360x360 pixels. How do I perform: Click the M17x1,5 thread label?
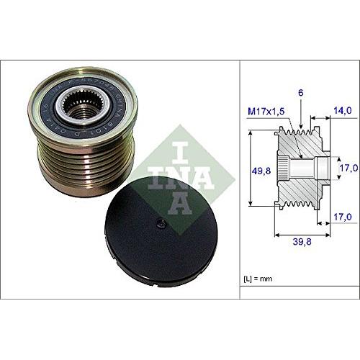click(266, 110)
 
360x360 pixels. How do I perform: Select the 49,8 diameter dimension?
click(259, 172)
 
